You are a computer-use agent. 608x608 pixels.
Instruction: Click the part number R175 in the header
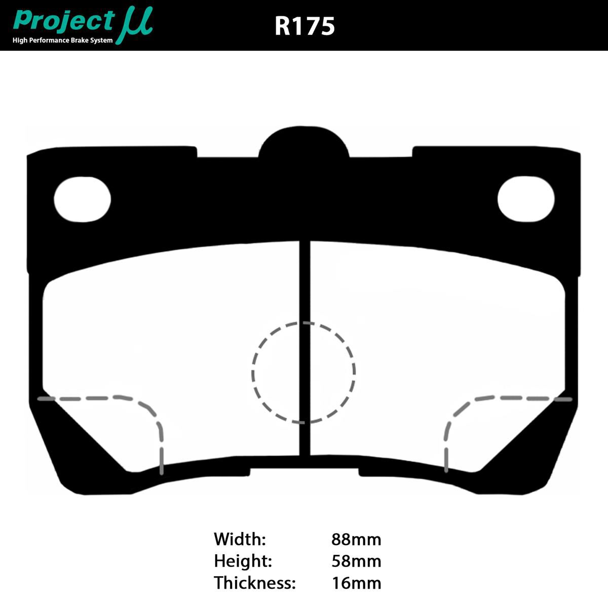pos(305,26)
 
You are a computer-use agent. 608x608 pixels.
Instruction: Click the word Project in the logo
pos(64,21)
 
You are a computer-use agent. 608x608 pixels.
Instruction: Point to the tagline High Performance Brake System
pos(63,41)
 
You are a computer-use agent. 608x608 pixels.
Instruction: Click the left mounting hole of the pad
pos(82,199)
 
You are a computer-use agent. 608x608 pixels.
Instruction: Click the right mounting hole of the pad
pos(525,199)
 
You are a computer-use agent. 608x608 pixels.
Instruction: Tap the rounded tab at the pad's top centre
pos(304,144)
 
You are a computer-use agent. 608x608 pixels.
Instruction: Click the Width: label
pos(240,539)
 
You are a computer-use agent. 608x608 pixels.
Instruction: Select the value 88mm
pos(356,539)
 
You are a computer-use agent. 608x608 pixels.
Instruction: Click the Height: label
pos(243,561)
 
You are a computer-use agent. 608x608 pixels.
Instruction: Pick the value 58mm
pos(356,561)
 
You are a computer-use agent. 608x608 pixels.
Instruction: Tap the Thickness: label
pos(254,583)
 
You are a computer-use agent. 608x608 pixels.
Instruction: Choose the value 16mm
pos(356,583)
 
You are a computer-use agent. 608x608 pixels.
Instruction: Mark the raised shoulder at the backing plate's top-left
pos(111,155)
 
